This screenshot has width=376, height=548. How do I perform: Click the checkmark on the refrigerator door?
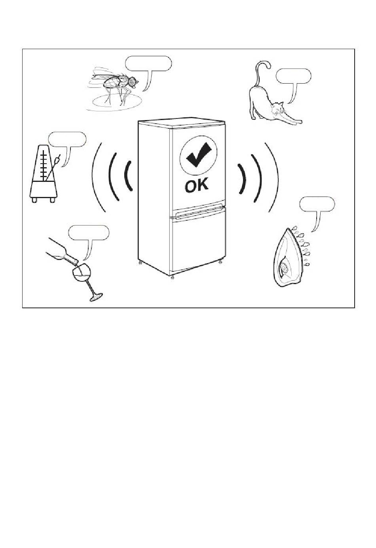point(198,155)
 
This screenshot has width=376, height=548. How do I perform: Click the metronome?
point(44,174)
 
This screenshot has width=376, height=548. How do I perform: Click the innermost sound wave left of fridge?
point(128,176)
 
